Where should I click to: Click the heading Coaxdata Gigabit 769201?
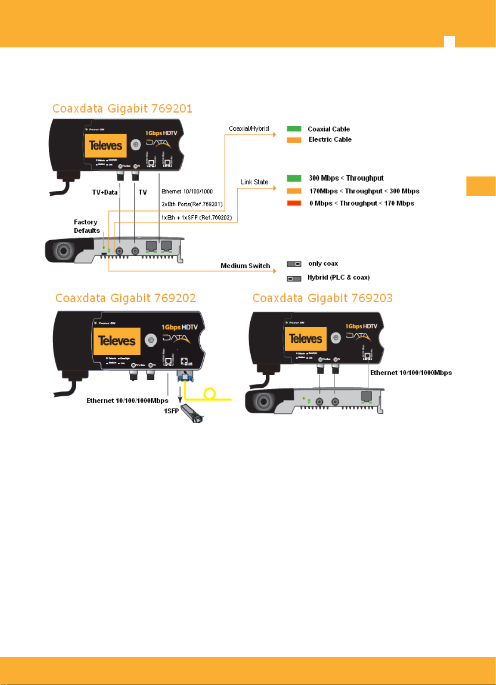point(122,109)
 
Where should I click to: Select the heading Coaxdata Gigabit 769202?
point(125,298)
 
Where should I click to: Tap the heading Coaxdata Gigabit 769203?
point(322,298)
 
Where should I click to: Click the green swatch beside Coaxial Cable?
point(294,129)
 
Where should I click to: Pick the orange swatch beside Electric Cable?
point(294,140)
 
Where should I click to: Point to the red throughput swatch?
point(294,203)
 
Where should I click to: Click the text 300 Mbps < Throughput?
point(346,178)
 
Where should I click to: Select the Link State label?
point(254,182)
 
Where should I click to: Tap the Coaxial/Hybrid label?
point(249,129)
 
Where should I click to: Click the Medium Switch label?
point(245,266)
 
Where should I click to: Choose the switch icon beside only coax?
point(294,264)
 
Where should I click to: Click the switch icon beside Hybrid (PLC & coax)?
point(294,278)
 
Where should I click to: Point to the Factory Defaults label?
point(87,227)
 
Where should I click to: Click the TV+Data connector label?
point(105,192)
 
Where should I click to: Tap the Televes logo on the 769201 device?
point(105,146)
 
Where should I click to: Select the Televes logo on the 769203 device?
point(305,339)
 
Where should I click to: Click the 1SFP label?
point(171,411)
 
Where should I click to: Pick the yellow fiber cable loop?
point(210,394)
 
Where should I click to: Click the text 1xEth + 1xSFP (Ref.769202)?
point(197,218)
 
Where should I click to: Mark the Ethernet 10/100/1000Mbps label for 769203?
point(411,373)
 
